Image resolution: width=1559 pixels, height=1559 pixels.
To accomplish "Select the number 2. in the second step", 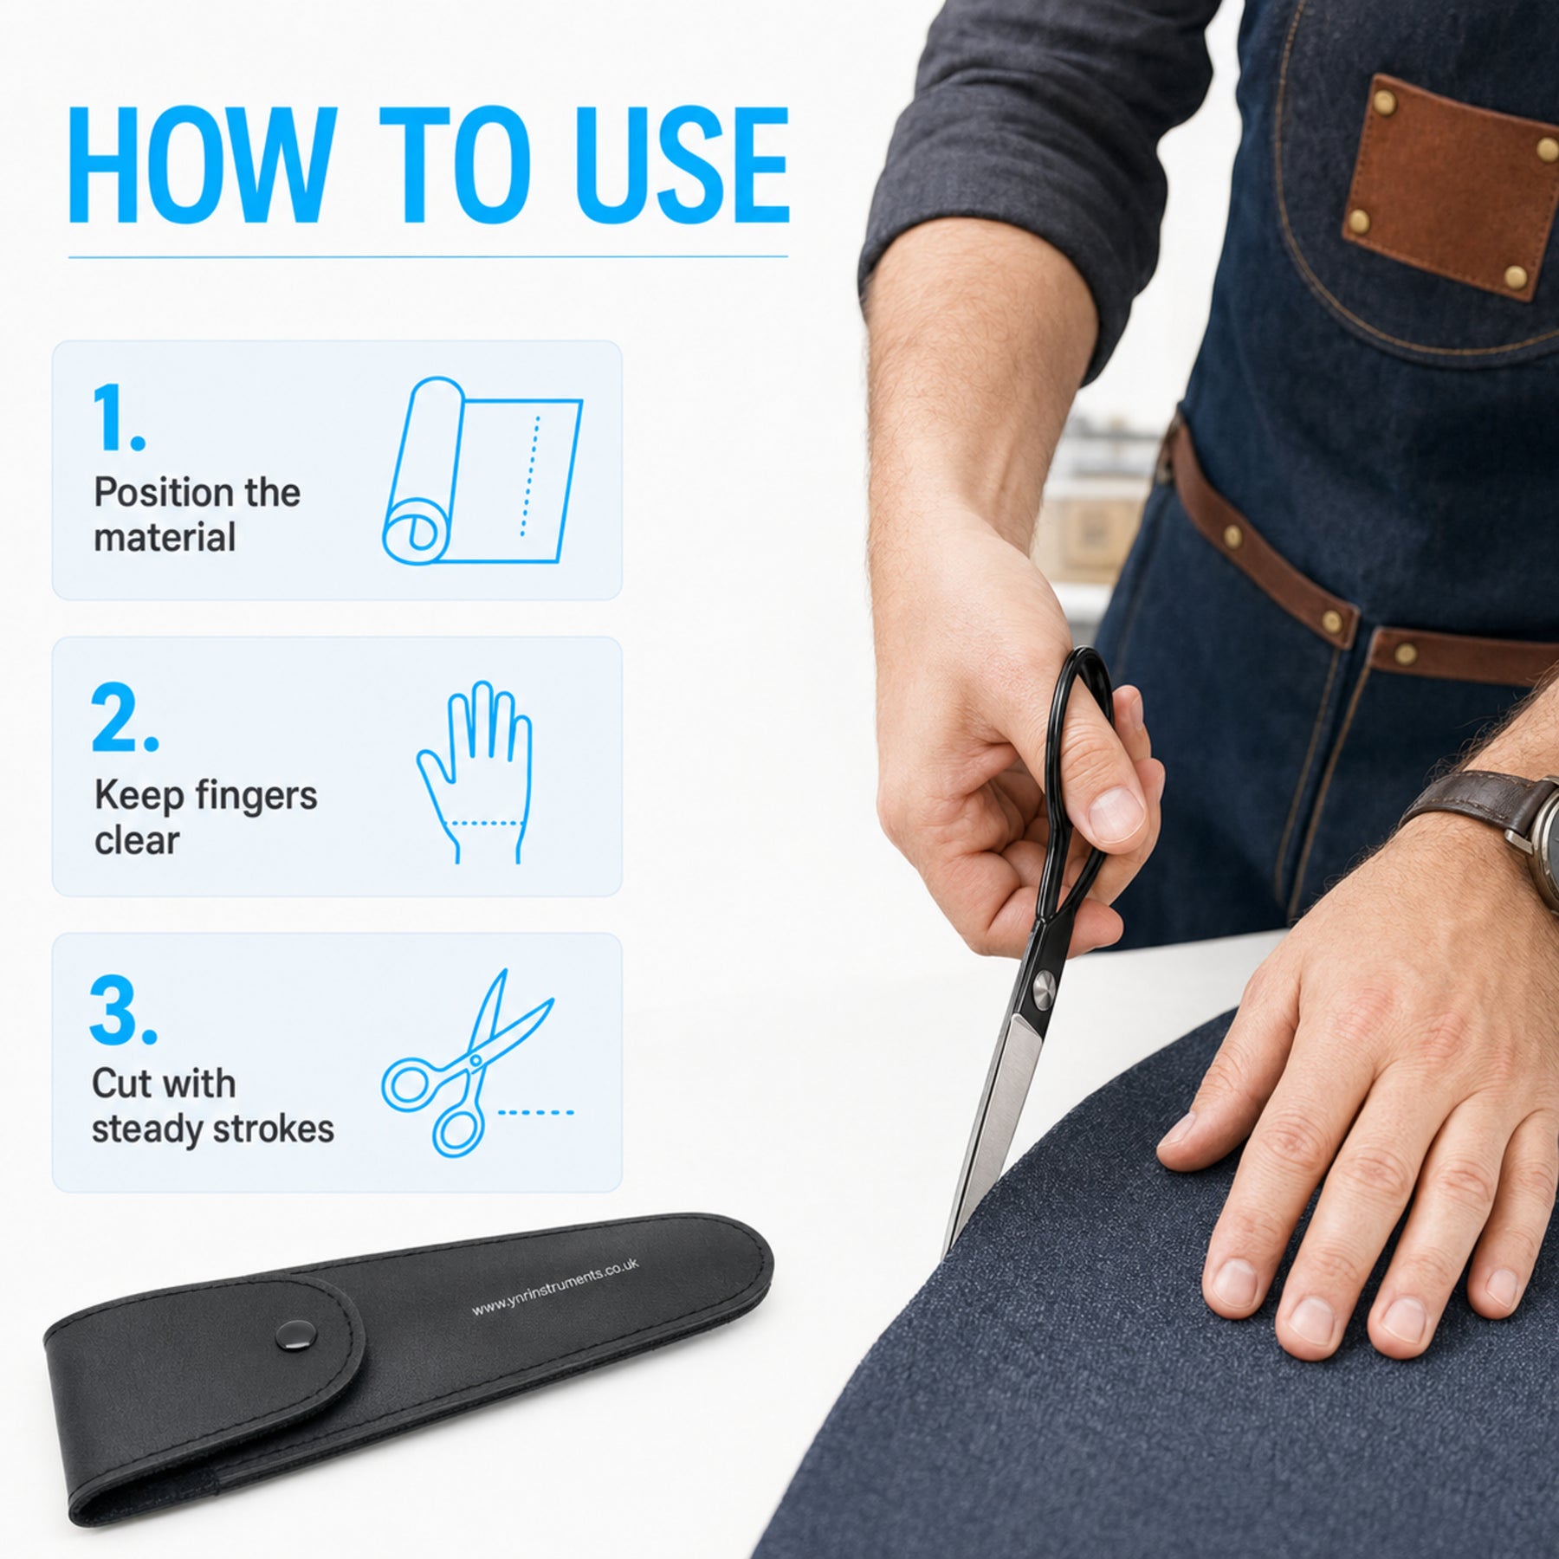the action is [125, 717].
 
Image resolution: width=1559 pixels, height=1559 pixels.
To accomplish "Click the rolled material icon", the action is [482, 470].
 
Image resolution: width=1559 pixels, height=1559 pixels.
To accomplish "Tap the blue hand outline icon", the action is [474, 773].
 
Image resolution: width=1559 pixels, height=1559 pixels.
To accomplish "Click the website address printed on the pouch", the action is [555, 1288].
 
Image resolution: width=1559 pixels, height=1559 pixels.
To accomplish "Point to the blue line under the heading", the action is [428, 256].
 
